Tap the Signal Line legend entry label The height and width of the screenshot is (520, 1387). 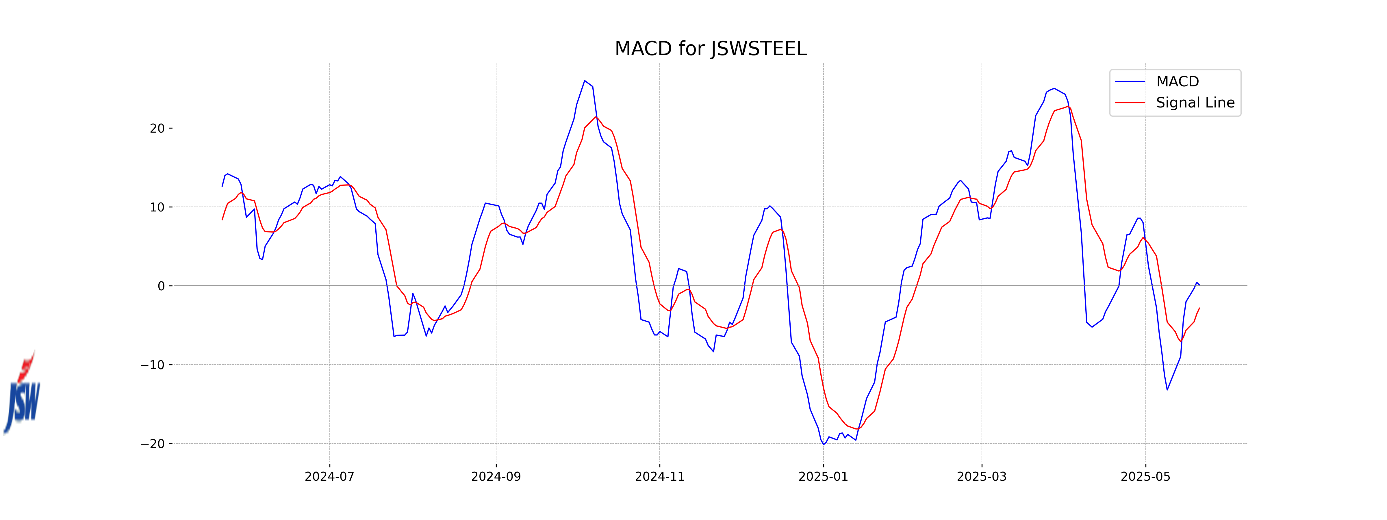click(1195, 103)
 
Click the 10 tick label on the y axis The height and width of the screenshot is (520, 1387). click(157, 207)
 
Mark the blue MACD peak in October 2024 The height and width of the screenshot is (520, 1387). click(585, 81)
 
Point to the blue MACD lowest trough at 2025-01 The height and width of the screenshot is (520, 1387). click(823, 444)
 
